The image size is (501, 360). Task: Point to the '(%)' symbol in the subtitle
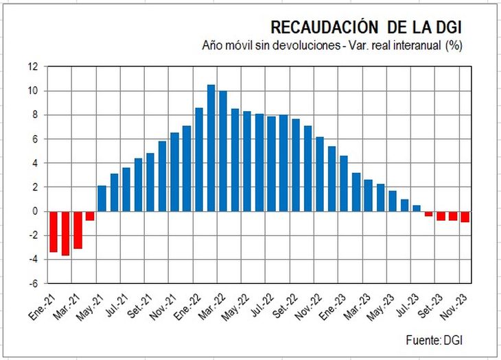pos(454,46)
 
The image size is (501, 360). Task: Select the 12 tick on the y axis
pos(34,67)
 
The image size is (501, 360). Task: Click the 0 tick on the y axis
pos(36,211)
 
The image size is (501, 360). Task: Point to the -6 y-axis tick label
pos(34,283)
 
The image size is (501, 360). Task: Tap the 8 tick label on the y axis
pos(36,115)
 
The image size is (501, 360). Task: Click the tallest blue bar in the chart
pos(211,147)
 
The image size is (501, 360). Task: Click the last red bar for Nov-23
pos(465,217)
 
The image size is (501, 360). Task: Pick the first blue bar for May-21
pos(102,198)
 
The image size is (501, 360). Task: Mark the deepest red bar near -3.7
pos(65,233)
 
